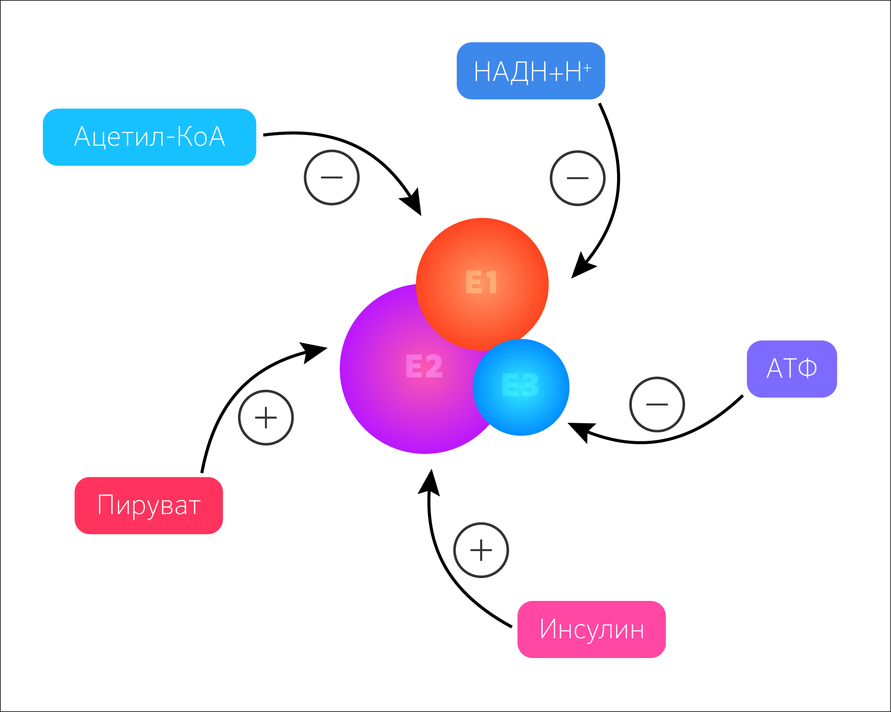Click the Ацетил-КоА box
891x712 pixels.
pos(149,137)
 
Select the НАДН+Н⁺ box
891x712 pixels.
pos(531,71)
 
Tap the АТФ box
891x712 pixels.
pos(792,369)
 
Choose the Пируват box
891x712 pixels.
pos(149,506)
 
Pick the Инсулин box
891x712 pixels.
pos(592,629)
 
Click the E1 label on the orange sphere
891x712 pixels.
pos(481,282)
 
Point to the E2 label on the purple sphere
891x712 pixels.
pos(424,366)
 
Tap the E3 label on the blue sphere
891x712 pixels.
pos(520,385)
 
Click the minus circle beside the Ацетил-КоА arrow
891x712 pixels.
pos(332,178)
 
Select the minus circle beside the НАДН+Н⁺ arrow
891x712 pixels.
pos(578,178)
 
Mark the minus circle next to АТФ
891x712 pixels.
pos(657,404)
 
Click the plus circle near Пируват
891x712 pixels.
pos(266,417)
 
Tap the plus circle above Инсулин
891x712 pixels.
pos(481,550)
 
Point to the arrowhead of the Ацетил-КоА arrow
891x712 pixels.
pos(413,202)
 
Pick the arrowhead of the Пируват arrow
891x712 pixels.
pos(315,351)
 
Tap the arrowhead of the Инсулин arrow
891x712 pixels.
pos(430,482)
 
